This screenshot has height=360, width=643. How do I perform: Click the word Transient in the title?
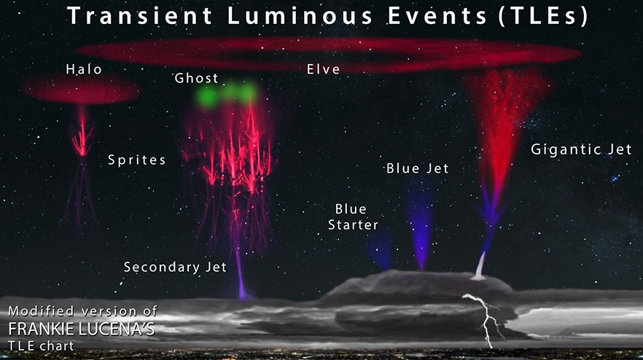tap(139, 15)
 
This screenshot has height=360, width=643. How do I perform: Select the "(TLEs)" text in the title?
tap(543, 17)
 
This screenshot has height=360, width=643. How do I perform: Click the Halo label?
tap(84, 69)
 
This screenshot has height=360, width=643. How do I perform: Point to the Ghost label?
tap(196, 78)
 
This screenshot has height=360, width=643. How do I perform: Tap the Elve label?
tap(324, 69)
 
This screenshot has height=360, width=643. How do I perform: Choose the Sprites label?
tap(136, 160)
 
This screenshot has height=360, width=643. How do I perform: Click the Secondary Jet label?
tap(175, 267)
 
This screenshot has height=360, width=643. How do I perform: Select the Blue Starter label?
tap(353, 217)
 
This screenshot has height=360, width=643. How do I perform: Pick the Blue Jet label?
tap(418, 168)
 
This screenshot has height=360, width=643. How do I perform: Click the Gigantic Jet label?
tap(581, 149)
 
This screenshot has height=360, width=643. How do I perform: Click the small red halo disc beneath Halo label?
tap(82, 90)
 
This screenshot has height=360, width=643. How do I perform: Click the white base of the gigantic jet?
tap(480, 267)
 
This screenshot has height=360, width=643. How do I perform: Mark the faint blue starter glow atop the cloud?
tap(379, 250)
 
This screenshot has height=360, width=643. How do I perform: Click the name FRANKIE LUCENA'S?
tap(82, 329)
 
